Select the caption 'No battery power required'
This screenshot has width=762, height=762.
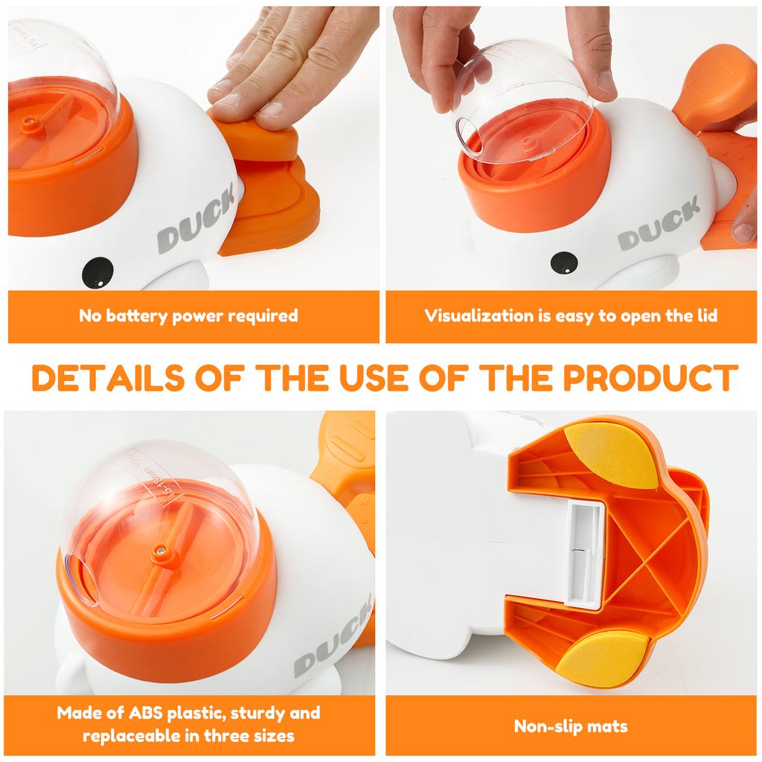(x=188, y=316)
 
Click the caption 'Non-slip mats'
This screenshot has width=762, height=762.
(x=571, y=726)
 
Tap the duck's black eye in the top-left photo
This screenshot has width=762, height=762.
(x=97, y=269)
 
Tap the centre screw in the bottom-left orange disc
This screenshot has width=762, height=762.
(x=159, y=549)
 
